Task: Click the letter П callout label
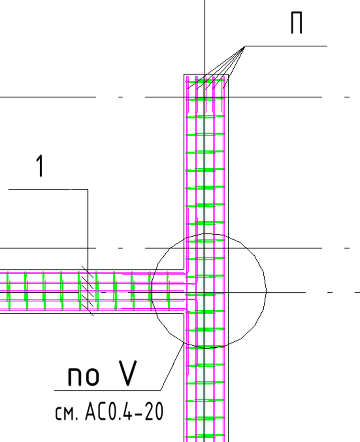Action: (x=296, y=23)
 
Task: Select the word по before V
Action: (x=83, y=376)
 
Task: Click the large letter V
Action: (x=128, y=373)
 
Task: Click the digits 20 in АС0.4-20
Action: (x=154, y=411)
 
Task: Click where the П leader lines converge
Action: (x=245, y=46)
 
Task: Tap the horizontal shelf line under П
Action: (x=286, y=46)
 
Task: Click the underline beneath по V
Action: (x=107, y=391)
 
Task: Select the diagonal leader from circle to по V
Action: (x=172, y=367)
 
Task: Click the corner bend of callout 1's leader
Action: (x=88, y=189)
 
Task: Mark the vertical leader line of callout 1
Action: (x=88, y=249)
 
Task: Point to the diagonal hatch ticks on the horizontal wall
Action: (x=87, y=290)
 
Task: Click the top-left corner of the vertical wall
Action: (x=184, y=75)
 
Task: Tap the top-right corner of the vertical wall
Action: (x=228, y=75)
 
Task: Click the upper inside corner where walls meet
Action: (x=184, y=270)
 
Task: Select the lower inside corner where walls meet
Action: (x=184, y=313)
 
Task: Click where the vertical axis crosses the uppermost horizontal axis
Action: (x=205, y=97)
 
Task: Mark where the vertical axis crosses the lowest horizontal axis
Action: (x=205, y=293)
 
